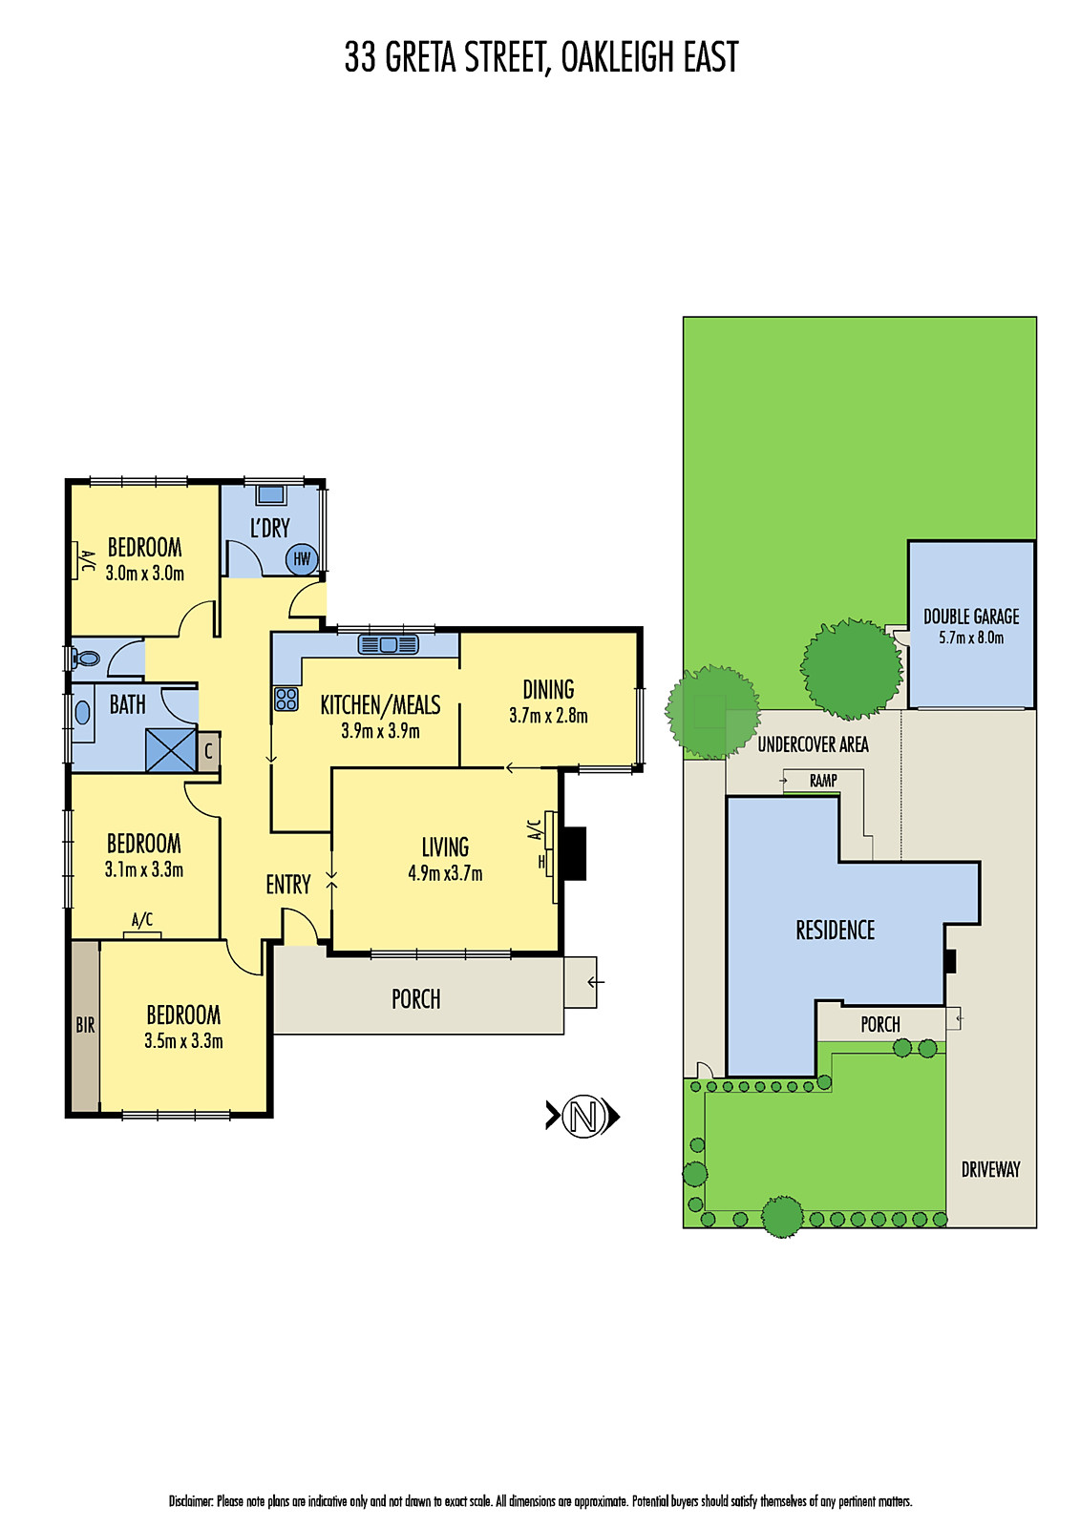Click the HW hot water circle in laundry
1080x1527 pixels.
click(x=302, y=559)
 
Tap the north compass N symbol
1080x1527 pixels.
click(x=583, y=1116)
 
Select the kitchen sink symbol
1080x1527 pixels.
click(x=388, y=645)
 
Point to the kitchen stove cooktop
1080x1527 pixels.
click(x=286, y=699)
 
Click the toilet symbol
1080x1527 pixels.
click(x=87, y=658)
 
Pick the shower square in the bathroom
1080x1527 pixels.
click(x=171, y=750)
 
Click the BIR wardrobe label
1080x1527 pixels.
click(x=85, y=1026)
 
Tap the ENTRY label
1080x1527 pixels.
click(x=288, y=885)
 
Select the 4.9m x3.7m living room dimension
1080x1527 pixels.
click(x=445, y=873)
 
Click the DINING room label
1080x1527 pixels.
click(x=548, y=689)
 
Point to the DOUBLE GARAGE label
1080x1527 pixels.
click(x=971, y=617)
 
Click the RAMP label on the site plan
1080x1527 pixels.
click(x=823, y=781)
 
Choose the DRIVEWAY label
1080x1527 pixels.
click(x=990, y=1169)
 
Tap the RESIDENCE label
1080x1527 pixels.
click(x=836, y=930)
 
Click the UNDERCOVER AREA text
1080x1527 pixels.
click(x=813, y=744)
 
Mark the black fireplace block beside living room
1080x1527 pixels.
click(x=573, y=853)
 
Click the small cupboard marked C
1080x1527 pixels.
click(x=208, y=751)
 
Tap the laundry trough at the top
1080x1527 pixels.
click(x=270, y=495)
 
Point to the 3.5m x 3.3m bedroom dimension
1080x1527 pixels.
click(x=183, y=1041)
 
